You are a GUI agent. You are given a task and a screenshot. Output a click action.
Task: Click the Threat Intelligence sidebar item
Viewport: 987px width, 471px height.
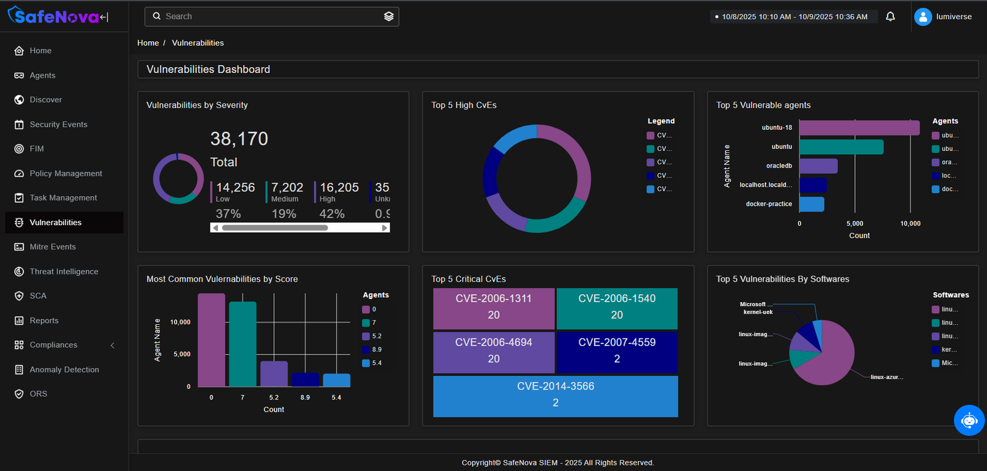coord(64,271)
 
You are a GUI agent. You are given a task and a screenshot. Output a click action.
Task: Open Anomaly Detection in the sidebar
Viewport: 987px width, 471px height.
coord(64,369)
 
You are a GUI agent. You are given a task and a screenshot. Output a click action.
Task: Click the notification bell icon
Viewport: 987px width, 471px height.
coord(890,17)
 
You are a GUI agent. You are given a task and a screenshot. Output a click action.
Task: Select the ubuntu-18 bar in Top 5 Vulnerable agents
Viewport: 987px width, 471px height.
coord(859,128)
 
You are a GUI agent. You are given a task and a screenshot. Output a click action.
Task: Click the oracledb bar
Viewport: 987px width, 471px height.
coord(818,166)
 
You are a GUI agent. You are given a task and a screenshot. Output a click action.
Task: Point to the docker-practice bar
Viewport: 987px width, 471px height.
coord(811,204)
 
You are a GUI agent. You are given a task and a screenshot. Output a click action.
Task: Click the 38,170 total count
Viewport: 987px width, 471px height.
coord(239,139)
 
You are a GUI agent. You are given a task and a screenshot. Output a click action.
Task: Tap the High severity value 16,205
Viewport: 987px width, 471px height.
coord(339,187)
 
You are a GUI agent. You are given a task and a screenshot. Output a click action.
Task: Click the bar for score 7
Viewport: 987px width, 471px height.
coord(242,343)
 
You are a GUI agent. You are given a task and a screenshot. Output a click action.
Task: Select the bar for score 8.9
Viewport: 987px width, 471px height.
coord(305,380)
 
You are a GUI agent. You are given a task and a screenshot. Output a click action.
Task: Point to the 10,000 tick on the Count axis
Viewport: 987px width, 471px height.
coord(910,224)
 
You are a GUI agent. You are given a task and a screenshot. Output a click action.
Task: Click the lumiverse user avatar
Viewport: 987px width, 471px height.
coord(923,17)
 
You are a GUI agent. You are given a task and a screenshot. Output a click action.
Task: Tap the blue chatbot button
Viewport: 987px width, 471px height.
coord(969,420)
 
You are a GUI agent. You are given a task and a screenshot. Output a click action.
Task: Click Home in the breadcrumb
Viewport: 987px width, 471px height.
coord(148,43)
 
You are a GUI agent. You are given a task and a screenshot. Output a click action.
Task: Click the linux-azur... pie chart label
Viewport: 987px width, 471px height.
coord(886,377)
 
